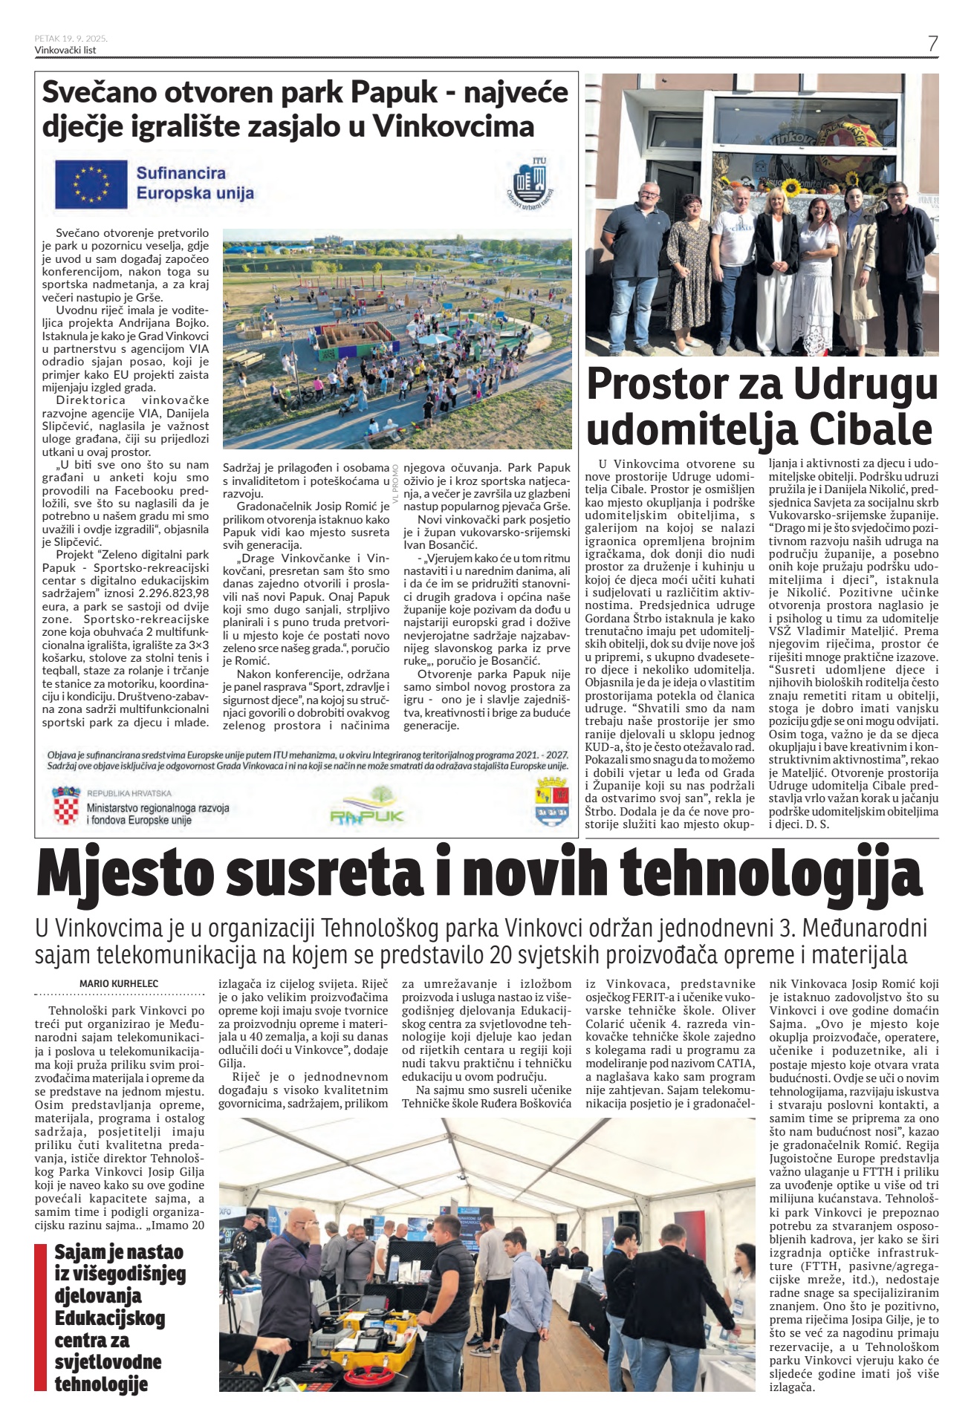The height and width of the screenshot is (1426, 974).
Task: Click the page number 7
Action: point(932,44)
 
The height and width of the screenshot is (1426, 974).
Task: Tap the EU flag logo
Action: point(91,183)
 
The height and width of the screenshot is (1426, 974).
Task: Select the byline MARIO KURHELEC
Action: point(119,983)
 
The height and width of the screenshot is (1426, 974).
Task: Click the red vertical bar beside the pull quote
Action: point(40,1317)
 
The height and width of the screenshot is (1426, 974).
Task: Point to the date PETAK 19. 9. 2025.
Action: point(71,39)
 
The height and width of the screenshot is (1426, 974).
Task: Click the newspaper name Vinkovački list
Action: point(65,50)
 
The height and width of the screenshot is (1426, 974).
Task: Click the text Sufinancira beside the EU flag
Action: point(181,173)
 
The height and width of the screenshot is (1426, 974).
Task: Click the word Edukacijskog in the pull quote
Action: point(109,1318)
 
